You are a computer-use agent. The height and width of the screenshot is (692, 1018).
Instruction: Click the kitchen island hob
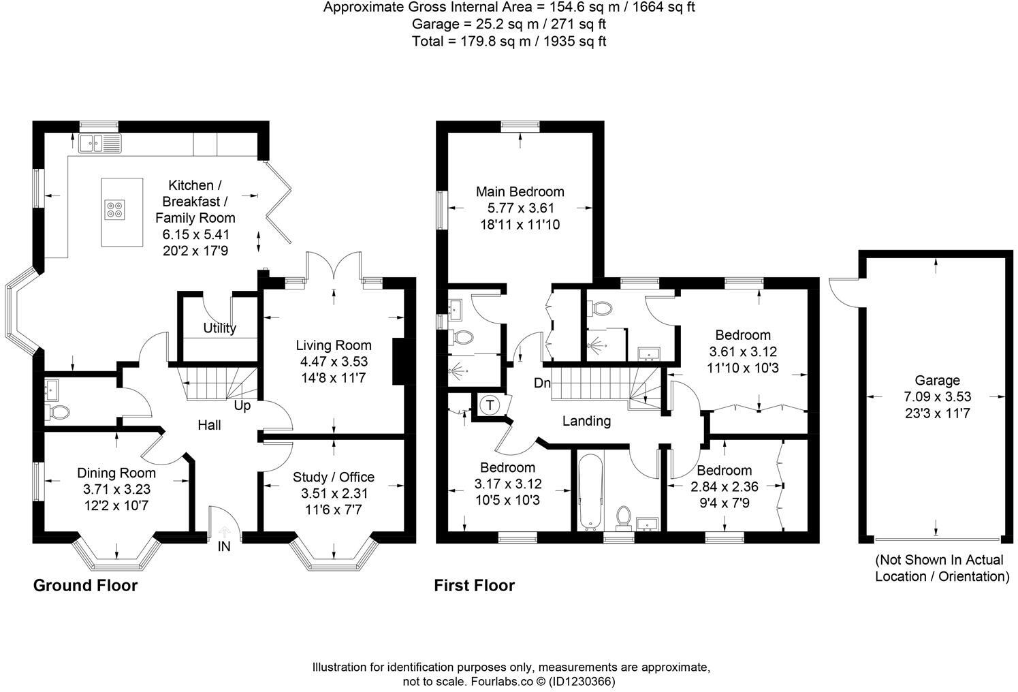pos(114,210)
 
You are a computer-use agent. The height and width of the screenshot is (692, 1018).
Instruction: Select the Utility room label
pos(219,328)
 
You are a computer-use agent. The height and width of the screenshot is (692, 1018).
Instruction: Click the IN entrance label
pos(224,546)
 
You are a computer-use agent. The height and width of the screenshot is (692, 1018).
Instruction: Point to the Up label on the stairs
pos(242,406)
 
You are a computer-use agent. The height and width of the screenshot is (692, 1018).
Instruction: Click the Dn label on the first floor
pos(542,383)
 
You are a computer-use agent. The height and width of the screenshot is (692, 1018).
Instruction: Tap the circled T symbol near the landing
pos(490,405)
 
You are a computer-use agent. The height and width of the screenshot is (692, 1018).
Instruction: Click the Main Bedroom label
pos(520,191)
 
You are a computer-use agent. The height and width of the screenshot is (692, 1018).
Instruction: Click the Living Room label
pos(333,345)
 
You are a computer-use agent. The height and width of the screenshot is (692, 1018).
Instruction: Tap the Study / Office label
pos(333,477)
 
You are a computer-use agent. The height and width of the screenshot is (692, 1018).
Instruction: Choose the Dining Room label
pos(116,473)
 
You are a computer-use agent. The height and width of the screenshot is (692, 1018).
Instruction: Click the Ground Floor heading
pos(85,586)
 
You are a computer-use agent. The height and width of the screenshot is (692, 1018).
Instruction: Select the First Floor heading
pos(475,586)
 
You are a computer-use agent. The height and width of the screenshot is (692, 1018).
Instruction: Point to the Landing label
pos(586,421)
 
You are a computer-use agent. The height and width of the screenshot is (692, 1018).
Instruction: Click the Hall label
pos(209,425)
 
